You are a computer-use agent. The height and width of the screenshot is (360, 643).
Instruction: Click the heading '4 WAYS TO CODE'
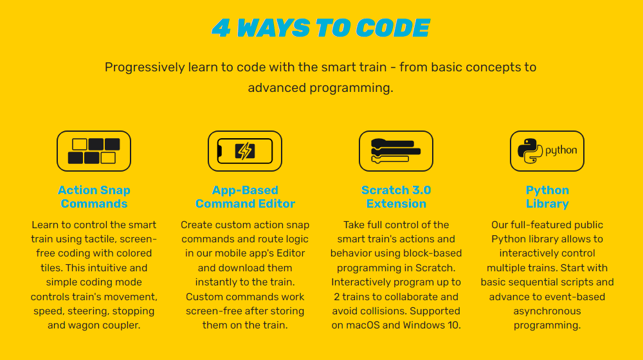[x=321, y=28]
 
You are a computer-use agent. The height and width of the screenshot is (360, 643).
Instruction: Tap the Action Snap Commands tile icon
[x=94, y=151]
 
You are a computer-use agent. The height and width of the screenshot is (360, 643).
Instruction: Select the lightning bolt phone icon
[x=245, y=151]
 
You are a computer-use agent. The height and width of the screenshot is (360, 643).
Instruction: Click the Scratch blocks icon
[x=396, y=151]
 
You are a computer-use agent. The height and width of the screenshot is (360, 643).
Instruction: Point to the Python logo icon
[x=547, y=151]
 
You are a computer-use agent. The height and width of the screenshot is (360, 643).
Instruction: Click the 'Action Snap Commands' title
[x=94, y=197]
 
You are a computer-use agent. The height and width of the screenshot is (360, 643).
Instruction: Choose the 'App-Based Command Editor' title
[x=245, y=197]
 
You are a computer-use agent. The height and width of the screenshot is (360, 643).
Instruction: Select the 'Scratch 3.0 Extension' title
[x=396, y=197]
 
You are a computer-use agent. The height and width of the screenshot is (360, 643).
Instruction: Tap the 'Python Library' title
[x=547, y=197]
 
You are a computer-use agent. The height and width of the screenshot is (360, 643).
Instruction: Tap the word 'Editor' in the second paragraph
[x=289, y=253]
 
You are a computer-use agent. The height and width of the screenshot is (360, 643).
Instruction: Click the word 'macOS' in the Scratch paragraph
[x=365, y=325]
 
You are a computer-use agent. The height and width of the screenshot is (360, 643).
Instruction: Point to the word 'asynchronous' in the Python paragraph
[x=547, y=311]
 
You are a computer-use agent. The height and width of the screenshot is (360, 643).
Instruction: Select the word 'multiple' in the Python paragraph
[x=505, y=268]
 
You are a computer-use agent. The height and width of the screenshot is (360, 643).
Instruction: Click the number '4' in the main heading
[x=221, y=28]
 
